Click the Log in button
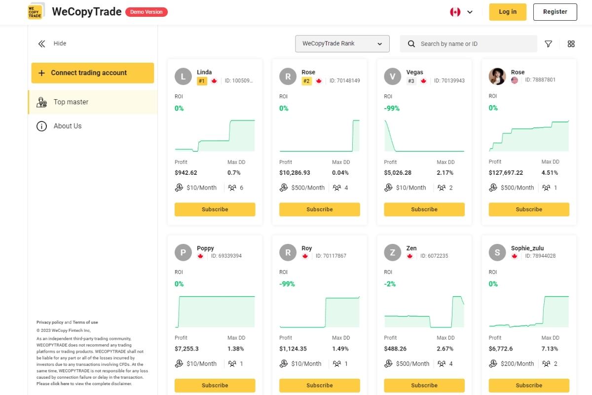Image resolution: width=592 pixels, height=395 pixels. (x=508, y=12)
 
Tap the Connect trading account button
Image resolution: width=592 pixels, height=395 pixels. (x=93, y=73)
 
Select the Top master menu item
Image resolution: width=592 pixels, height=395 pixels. (x=71, y=102)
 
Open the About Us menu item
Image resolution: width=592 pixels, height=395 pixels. (x=68, y=126)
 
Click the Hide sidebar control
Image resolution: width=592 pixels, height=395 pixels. (x=52, y=43)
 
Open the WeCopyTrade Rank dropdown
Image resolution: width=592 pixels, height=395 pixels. (x=342, y=43)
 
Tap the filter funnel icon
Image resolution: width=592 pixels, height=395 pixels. (x=548, y=44)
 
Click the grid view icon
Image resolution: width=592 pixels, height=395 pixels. (x=571, y=44)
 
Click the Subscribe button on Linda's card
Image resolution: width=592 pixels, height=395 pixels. (x=215, y=209)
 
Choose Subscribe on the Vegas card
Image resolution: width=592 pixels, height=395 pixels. (x=424, y=209)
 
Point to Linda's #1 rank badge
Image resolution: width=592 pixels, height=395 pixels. (x=202, y=81)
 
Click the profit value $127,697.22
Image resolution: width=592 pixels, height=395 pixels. (x=506, y=173)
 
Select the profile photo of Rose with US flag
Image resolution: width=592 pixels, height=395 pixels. (x=497, y=76)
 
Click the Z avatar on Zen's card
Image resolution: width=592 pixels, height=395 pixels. (x=393, y=252)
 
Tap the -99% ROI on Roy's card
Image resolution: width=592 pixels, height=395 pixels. (x=287, y=284)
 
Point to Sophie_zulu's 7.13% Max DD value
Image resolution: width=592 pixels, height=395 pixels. (x=550, y=349)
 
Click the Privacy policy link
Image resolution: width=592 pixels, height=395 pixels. (x=50, y=322)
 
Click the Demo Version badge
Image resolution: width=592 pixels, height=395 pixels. (x=147, y=12)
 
